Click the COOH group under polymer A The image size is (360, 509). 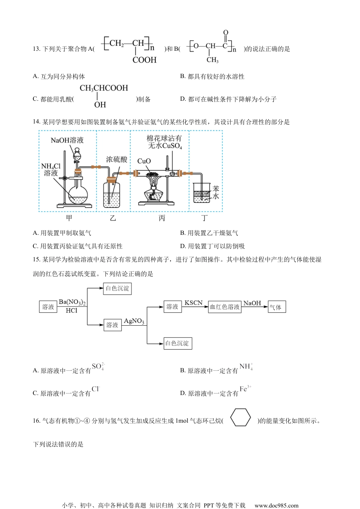click(144, 60)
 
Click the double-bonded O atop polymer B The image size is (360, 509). click(226, 33)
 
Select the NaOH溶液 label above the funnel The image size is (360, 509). click(67, 140)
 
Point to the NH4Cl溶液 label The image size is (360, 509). click(51, 170)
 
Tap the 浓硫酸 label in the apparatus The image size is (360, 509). click(116, 159)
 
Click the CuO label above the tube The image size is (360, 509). click(144, 161)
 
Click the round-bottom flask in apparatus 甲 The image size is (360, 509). click(78, 194)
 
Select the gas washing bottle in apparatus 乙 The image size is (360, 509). click(112, 195)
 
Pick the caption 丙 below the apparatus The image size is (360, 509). click(162, 218)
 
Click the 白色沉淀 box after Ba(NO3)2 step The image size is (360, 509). click(117, 289)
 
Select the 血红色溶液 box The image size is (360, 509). click(225, 307)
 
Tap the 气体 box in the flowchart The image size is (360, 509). click(277, 307)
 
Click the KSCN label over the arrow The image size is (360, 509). click(193, 303)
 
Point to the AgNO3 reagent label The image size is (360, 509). click(134, 321)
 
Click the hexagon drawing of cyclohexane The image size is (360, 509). click(241, 417)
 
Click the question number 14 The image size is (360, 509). click(36, 122)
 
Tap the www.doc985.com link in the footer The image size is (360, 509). click(276, 505)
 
